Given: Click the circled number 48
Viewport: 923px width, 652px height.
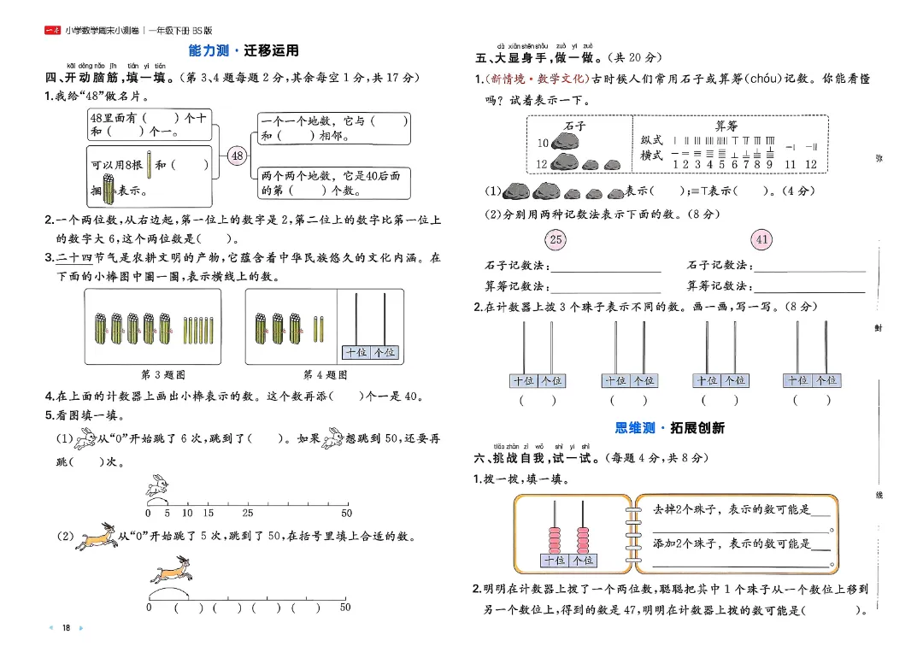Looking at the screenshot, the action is coord(238,156).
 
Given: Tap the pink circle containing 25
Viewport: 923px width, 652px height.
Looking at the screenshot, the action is coord(556,239).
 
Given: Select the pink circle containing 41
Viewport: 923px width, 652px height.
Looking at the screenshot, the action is coord(762,239).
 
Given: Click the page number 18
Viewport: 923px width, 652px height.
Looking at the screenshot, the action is coord(65,628).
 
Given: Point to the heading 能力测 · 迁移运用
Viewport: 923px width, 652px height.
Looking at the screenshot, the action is coord(244,51).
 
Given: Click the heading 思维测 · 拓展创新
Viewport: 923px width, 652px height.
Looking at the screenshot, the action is coord(670,427).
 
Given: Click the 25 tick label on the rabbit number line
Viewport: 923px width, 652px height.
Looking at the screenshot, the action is coord(247,514).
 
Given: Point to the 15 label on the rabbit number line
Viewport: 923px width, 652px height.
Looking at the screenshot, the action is coord(209,514).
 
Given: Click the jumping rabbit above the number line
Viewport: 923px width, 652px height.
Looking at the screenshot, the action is coord(159,486).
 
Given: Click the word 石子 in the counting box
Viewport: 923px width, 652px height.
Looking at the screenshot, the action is coord(575,126).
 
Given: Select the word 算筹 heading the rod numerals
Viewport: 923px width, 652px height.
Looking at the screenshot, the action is coord(726,126).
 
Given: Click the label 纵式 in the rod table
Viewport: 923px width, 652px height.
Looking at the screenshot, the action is coord(652,140).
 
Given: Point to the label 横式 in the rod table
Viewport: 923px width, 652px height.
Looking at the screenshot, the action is coord(652,156).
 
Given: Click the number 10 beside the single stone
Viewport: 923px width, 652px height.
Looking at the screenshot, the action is coord(542,144).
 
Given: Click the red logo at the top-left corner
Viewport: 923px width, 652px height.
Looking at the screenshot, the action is coord(52,31).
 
